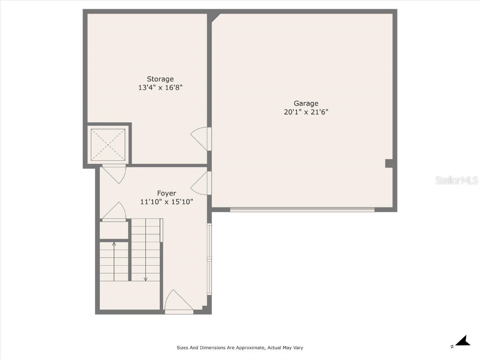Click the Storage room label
point(160,79)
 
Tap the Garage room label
point(306,104)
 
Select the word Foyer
point(166,193)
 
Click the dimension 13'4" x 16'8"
point(160,88)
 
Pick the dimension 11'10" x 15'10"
point(166,202)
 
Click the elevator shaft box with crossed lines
point(108,144)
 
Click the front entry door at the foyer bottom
point(178,302)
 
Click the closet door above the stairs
point(114,212)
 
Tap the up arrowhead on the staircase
point(114,243)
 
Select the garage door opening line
point(302,210)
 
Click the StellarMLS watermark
point(456,180)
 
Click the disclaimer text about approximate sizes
point(240,348)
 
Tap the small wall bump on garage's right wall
point(389,163)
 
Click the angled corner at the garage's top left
point(215,17)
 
